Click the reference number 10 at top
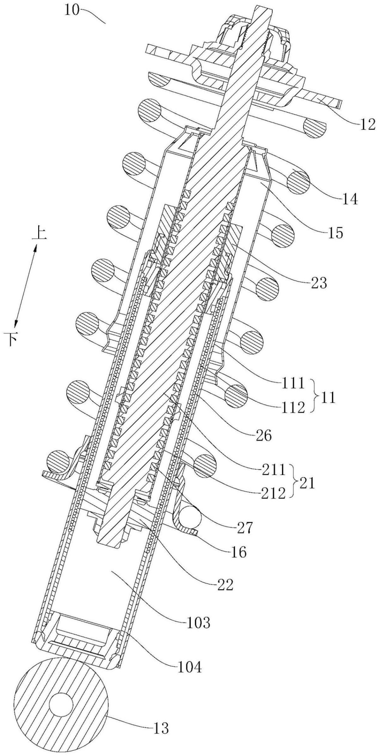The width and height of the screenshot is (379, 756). [72, 9]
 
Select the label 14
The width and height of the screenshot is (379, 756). [350, 200]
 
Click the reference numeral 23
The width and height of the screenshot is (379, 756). [319, 283]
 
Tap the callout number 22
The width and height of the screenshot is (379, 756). [224, 584]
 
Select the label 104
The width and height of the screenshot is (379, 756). [189, 667]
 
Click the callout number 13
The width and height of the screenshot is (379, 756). [161, 728]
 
